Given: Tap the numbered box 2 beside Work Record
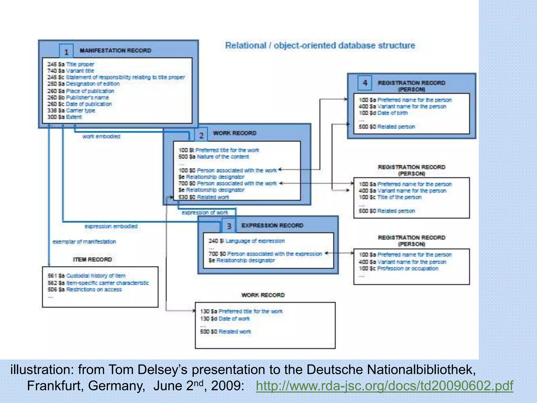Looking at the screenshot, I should (201, 135).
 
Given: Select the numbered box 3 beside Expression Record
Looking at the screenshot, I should (229, 226).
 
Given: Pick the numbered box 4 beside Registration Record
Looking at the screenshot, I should (365, 83).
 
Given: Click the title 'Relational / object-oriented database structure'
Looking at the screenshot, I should (320, 45).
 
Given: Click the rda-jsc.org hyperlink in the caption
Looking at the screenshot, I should (384, 386).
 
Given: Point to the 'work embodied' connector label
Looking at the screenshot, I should (101, 136).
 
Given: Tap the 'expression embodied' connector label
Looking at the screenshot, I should (111, 226).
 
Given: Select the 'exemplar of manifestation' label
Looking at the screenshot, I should (84, 242).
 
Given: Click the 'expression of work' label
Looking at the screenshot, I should (205, 213).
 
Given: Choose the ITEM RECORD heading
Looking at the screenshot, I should (92, 259).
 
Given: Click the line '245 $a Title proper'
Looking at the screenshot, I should (71, 64).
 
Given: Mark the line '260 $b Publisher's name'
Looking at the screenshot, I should (78, 98).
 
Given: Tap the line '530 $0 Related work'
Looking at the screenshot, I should (204, 197).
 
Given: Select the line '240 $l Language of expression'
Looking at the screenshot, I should (246, 241).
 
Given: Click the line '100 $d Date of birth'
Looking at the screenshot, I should (383, 113).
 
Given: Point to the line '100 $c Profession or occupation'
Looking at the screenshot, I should (398, 268).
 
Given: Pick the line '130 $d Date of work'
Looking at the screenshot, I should (225, 319).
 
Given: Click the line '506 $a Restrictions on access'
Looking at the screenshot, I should (85, 289).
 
